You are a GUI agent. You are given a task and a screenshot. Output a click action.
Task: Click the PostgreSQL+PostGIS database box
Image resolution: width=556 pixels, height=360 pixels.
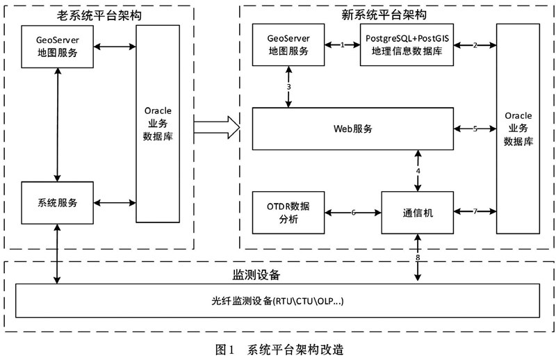click(x=407, y=44)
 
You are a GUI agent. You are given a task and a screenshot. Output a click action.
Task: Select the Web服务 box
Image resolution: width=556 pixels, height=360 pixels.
click(x=353, y=129)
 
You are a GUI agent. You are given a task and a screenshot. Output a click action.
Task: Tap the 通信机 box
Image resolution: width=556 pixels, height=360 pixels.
click(x=418, y=213)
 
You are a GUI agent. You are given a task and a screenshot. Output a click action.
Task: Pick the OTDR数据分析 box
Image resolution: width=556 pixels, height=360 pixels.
click(x=288, y=213)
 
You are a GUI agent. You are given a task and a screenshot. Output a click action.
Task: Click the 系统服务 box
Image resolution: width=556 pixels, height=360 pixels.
click(x=58, y=203)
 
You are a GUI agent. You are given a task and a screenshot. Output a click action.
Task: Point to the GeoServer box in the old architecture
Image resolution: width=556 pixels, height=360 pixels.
click(x=58, y=47)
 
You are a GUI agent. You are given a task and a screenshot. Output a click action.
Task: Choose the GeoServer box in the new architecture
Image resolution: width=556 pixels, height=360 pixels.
click(x=288, y=44)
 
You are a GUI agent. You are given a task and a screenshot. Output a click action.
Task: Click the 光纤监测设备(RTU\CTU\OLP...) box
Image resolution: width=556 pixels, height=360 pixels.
click(x=277, y=300)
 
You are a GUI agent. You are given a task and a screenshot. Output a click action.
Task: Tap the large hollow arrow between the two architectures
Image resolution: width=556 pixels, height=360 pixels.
click(x=217, y=127)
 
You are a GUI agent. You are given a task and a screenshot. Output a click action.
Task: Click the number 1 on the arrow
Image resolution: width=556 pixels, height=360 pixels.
click(x=343, y=44)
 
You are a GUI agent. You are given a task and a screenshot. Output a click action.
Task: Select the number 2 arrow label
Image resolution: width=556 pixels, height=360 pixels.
click(x=475, y=45)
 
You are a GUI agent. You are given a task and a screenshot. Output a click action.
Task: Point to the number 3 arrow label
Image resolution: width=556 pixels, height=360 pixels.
click(x=288, y=87)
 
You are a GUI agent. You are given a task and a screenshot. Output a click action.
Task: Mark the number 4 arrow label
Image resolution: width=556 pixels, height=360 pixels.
click(x=418, y=170)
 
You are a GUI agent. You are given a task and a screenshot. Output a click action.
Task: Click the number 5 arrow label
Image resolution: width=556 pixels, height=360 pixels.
click(x=475, y=129)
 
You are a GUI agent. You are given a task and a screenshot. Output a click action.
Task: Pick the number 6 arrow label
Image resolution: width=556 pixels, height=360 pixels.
click(x=353, y=213)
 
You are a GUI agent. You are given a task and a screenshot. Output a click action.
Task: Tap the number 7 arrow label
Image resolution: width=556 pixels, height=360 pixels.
click(x=475, y=211)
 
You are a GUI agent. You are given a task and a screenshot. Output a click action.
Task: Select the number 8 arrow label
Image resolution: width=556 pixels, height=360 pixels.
click(x=418, y=258)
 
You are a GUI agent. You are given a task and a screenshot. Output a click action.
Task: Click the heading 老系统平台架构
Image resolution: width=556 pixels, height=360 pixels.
click(x=99, y=15)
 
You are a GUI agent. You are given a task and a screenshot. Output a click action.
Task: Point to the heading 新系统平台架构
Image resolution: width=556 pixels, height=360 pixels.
click(x=384, y=15)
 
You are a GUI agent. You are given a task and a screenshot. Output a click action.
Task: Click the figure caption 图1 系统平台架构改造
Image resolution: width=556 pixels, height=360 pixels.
click(x=279, y=350)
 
